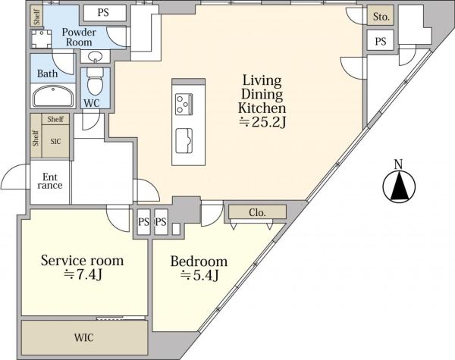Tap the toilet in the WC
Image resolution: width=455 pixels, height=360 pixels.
tap(95, 82)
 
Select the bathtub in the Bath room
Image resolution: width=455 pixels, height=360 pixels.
tap(53, 96)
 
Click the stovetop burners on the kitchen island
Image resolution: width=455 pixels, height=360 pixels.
tap(184, 104)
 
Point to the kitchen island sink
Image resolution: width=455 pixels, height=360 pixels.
tap(184, 141)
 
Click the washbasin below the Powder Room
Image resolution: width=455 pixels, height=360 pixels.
tap(95, 56)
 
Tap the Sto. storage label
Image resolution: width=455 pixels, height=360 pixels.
tap(381, 17)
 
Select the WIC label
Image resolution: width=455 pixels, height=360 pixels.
tap(83, 338)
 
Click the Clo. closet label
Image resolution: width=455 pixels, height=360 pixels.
tap(257, 213)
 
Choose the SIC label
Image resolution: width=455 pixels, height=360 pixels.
tap(55, 141)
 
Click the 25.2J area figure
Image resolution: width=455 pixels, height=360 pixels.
tap(262, 123)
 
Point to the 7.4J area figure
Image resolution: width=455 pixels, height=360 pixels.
tap(83, 274)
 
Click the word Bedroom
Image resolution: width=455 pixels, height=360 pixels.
tap(199, 261)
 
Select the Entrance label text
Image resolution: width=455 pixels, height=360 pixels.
tap(50, 181)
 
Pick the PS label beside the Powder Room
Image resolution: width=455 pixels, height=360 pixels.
tap(103, 13)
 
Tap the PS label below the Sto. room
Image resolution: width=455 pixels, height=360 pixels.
tap(381, 42)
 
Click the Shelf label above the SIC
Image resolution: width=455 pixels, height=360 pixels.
tap(55, 119)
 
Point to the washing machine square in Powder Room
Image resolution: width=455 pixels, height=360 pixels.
tap(42, 39)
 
